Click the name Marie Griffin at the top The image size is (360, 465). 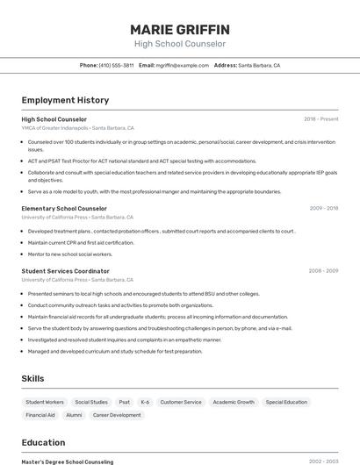point(179,29)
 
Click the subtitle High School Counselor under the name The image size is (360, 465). point(179,44)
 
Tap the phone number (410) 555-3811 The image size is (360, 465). point(116,65)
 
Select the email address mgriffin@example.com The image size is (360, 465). point(176,65)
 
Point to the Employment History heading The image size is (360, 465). point(65,100)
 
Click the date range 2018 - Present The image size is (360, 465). point(320,119)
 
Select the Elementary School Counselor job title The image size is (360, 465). point(63,209)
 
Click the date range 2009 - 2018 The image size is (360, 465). point(323,209)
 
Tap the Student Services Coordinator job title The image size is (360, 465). point(65,271)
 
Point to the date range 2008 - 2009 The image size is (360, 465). point(323,271)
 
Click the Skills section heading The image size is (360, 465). point(34,378)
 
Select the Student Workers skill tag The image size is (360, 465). point(44,402)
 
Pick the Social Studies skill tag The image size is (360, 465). point(91,402)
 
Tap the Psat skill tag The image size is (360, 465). point(125,402)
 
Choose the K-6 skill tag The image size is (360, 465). point(145,402)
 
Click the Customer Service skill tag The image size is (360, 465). point(180,402)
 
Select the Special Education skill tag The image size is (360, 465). point(286,402)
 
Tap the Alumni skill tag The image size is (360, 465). point(74,415)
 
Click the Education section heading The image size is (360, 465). point(43,442)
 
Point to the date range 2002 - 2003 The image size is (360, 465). point(323,461)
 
